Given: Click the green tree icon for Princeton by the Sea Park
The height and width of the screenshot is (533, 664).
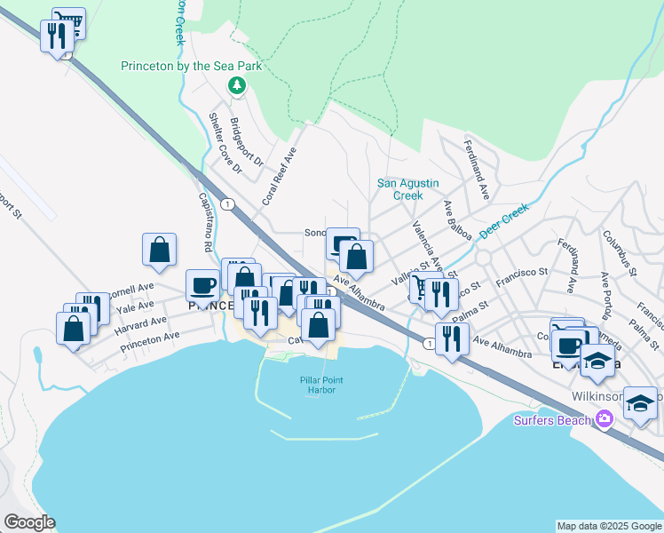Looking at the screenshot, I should [236, 85].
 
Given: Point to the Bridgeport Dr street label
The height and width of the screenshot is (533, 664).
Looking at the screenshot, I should [246, 142].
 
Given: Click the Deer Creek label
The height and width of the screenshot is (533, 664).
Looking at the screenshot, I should [503, 221].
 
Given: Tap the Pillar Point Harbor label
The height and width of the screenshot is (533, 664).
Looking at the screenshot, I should [320, 385].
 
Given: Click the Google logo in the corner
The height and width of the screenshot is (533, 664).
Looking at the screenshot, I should [29, 522].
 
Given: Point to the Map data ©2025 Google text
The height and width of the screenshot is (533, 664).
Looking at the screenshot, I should [608, 526].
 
